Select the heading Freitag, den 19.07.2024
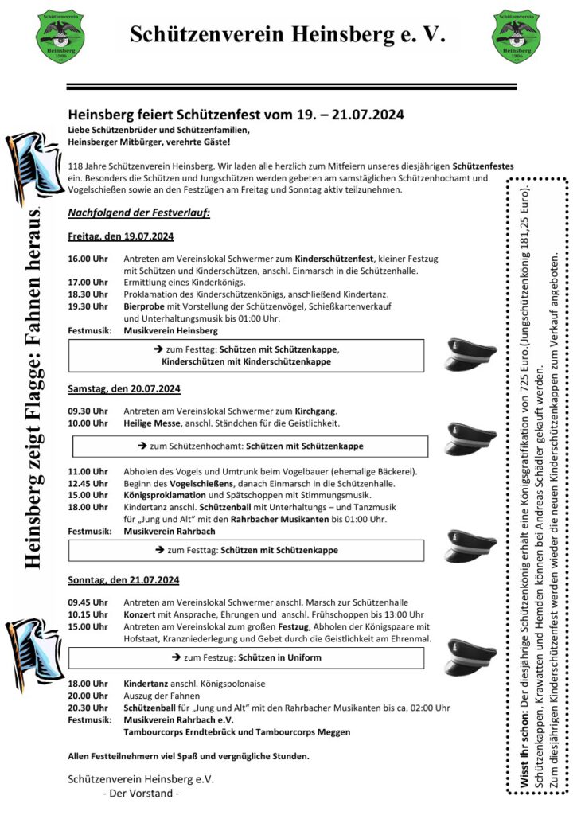(x=121, y=236)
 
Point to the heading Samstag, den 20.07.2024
(x=124, y=388)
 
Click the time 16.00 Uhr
(x=88, y=259)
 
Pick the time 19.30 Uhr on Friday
(x=88, y=306)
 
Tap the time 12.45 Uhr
(x=88, y=484)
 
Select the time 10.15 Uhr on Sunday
(x=88, y=614)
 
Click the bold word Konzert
(x=139, y=614)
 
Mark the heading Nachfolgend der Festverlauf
(x=138, y=213)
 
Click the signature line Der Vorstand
(x=142, y=794)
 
